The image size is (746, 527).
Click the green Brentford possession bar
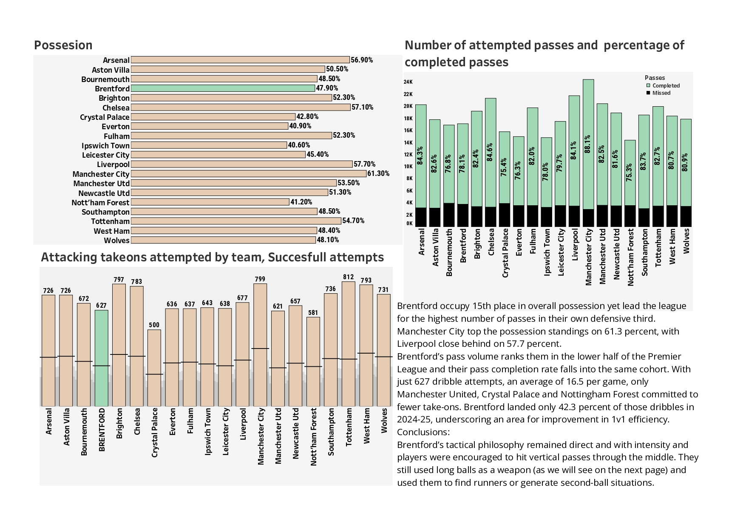[x=223, y=88]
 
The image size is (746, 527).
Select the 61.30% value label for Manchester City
[x=378, y=173]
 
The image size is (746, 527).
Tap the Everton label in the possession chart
[x=116, y=127]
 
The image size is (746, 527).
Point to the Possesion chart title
[x=63, y=45]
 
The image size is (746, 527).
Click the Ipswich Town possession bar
[x=209, y=145]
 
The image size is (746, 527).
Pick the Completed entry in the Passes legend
[x=666, y=85]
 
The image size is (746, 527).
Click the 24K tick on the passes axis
[x=408, y=82]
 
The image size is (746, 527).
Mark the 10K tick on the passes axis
[x=408, y=166]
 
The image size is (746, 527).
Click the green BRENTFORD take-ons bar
[x=101, y=358]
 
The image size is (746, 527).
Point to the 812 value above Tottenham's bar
[x=348, y=277]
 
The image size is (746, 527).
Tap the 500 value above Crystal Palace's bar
[x=154, y=325]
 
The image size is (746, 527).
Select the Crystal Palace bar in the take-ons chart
[x=154, y=368]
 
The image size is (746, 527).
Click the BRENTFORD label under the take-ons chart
[x=102, y=429]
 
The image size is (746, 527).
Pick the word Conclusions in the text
[x=423, y=432]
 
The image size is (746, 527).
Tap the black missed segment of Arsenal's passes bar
[x=421, y=217]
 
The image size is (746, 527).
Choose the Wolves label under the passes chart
[x=686, y=241]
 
